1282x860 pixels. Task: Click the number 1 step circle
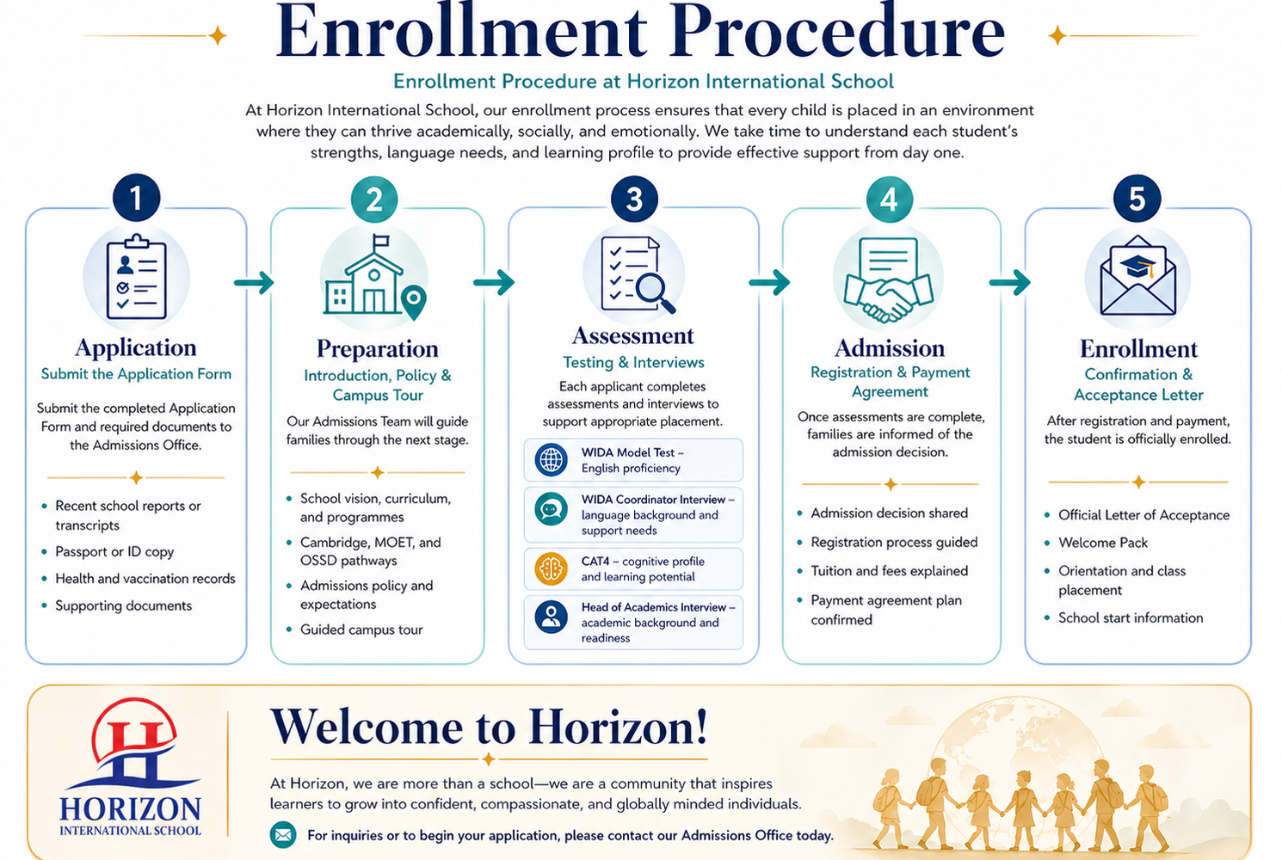[x=136, y=198]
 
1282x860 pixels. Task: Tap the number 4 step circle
[x=889, y=200]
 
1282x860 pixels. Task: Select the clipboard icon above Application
[x=136, y=277]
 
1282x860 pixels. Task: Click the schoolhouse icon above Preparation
[x=375, y=277]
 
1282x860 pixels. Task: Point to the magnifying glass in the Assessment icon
[x=655, y=293]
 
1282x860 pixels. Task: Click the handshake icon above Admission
[x=888, y=279]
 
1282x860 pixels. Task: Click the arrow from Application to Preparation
[x=254, y=282]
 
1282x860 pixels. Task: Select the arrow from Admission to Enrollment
[x=1010, y=282]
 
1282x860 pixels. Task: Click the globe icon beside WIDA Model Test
[x=551, y=459]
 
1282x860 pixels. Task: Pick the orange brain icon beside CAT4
[x=551, y=568]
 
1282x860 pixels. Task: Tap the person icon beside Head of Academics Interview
[x=551, y=617]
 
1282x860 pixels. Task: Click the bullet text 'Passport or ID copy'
[x=114, y=551]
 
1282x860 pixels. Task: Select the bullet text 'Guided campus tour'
[x=361, y=630]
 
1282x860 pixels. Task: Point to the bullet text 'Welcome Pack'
[x=1103, y=543]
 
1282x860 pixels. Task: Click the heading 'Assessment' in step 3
[x=633, y=335]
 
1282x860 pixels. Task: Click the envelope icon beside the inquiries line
[x=283, y=835]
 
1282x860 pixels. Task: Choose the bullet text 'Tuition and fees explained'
[x=890, y=570]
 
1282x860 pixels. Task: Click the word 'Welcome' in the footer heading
[x=367, y=727]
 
